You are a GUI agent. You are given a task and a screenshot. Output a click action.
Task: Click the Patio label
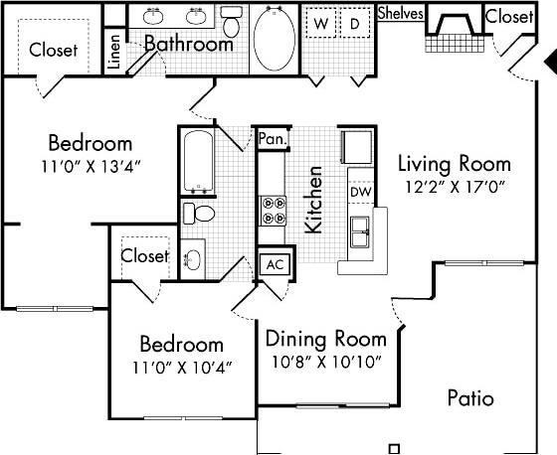click(469, 398)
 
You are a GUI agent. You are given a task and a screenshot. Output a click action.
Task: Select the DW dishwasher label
click(359, 193)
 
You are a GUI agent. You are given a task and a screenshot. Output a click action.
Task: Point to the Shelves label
click(401, 14)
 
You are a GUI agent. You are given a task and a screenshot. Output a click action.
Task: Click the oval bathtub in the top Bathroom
click(273, 38)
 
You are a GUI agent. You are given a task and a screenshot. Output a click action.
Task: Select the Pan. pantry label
click(272, 140)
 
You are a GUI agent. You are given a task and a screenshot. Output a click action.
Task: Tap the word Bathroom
click(188, 44)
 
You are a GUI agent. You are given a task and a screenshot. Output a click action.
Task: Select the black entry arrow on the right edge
click(550, 62)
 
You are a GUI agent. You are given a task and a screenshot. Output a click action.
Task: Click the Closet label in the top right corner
click(508, 17)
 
